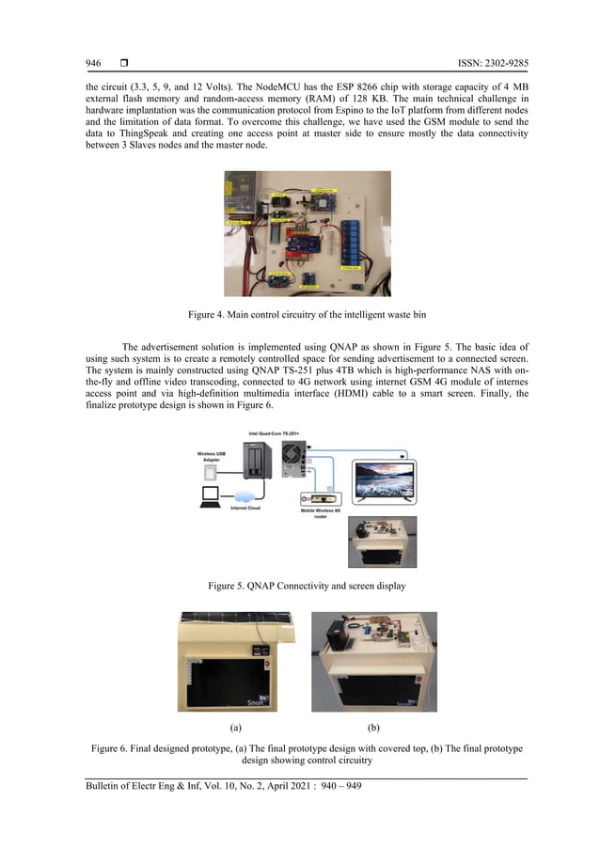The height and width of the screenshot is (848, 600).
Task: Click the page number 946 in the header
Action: click(93, 63)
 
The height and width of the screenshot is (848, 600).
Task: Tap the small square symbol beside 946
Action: click(123, 63)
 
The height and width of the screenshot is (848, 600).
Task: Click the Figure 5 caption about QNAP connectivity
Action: click(299, 585)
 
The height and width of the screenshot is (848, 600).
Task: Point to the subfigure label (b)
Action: click(373, 727)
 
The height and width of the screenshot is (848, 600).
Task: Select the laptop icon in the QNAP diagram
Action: click(208, 494)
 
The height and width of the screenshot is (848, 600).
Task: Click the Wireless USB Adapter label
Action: click(212, 457)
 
